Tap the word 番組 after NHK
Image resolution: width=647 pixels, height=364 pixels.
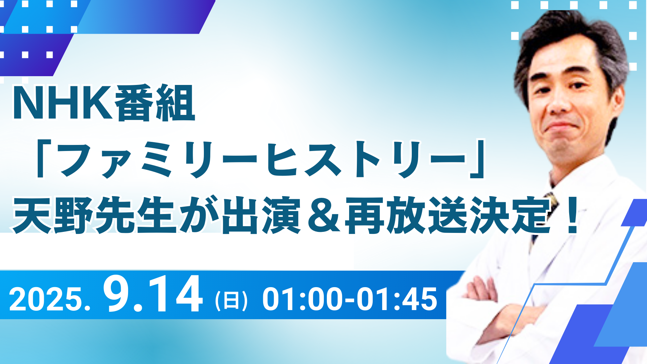click(154, 103)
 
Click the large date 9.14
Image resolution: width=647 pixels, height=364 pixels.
click(153, 294)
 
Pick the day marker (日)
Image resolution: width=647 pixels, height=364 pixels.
click(231, 300)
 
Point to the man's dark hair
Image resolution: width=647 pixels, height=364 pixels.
click(569, 37)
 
